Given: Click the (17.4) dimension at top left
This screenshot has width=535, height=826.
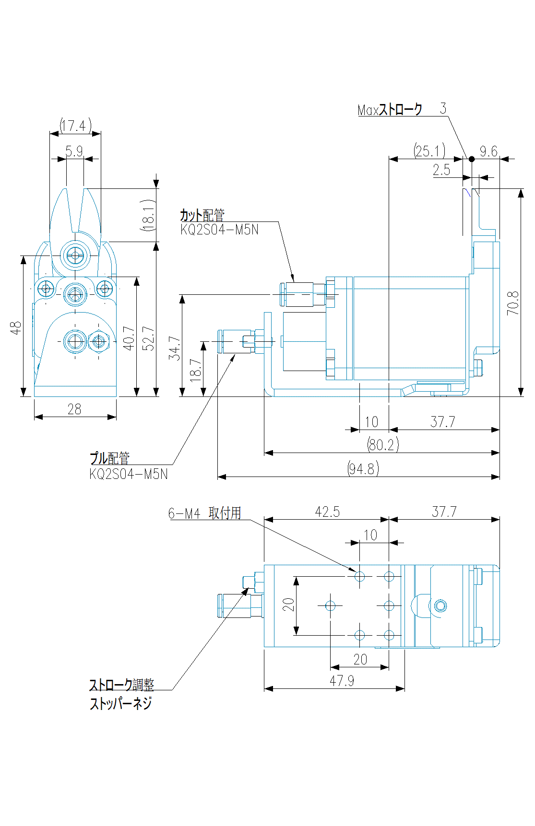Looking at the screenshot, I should [75, 126].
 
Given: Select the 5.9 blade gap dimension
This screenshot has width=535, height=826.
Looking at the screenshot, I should [74, 151].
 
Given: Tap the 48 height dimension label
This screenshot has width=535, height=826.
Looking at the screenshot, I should [16, 328].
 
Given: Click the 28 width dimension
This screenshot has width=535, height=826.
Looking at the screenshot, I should [74, 409].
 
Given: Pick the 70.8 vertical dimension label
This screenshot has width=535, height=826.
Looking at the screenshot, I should [513, 303].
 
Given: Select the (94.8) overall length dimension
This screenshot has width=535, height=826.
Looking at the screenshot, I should [363, 468].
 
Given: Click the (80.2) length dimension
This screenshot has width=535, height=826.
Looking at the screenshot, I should [382, 444].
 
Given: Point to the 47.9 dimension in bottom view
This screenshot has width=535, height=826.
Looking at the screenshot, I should [342, 681].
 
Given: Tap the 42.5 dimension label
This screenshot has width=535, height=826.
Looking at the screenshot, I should [327, 512].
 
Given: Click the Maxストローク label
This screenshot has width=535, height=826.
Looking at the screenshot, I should [390, 110].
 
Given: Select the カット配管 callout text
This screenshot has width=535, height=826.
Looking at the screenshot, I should [202, 215].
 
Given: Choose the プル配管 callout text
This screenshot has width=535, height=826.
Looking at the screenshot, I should [110, 458].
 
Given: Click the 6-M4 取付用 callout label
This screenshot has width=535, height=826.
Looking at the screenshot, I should [204, 513].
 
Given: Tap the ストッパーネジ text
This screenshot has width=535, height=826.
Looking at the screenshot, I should [121, 704].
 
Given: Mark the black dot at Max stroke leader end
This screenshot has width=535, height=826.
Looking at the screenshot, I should [472, 159].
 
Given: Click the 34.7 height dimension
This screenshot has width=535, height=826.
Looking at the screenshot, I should [175, 348].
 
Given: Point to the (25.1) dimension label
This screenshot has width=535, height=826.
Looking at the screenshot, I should [429, 151].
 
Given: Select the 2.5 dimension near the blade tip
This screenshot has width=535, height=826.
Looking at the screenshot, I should [441, 170].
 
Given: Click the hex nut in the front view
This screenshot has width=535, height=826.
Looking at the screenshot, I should [99, 342].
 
